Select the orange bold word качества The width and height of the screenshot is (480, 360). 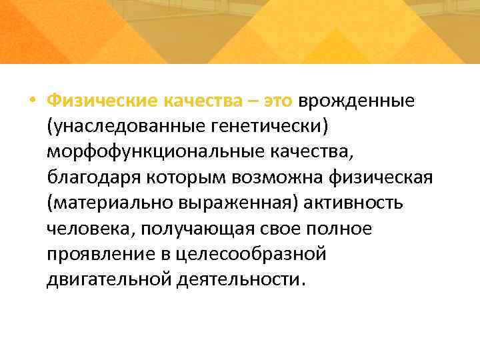click(204, 101)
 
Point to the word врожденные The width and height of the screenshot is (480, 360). click(357, 101)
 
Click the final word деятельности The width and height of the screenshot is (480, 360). click(241, 279)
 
